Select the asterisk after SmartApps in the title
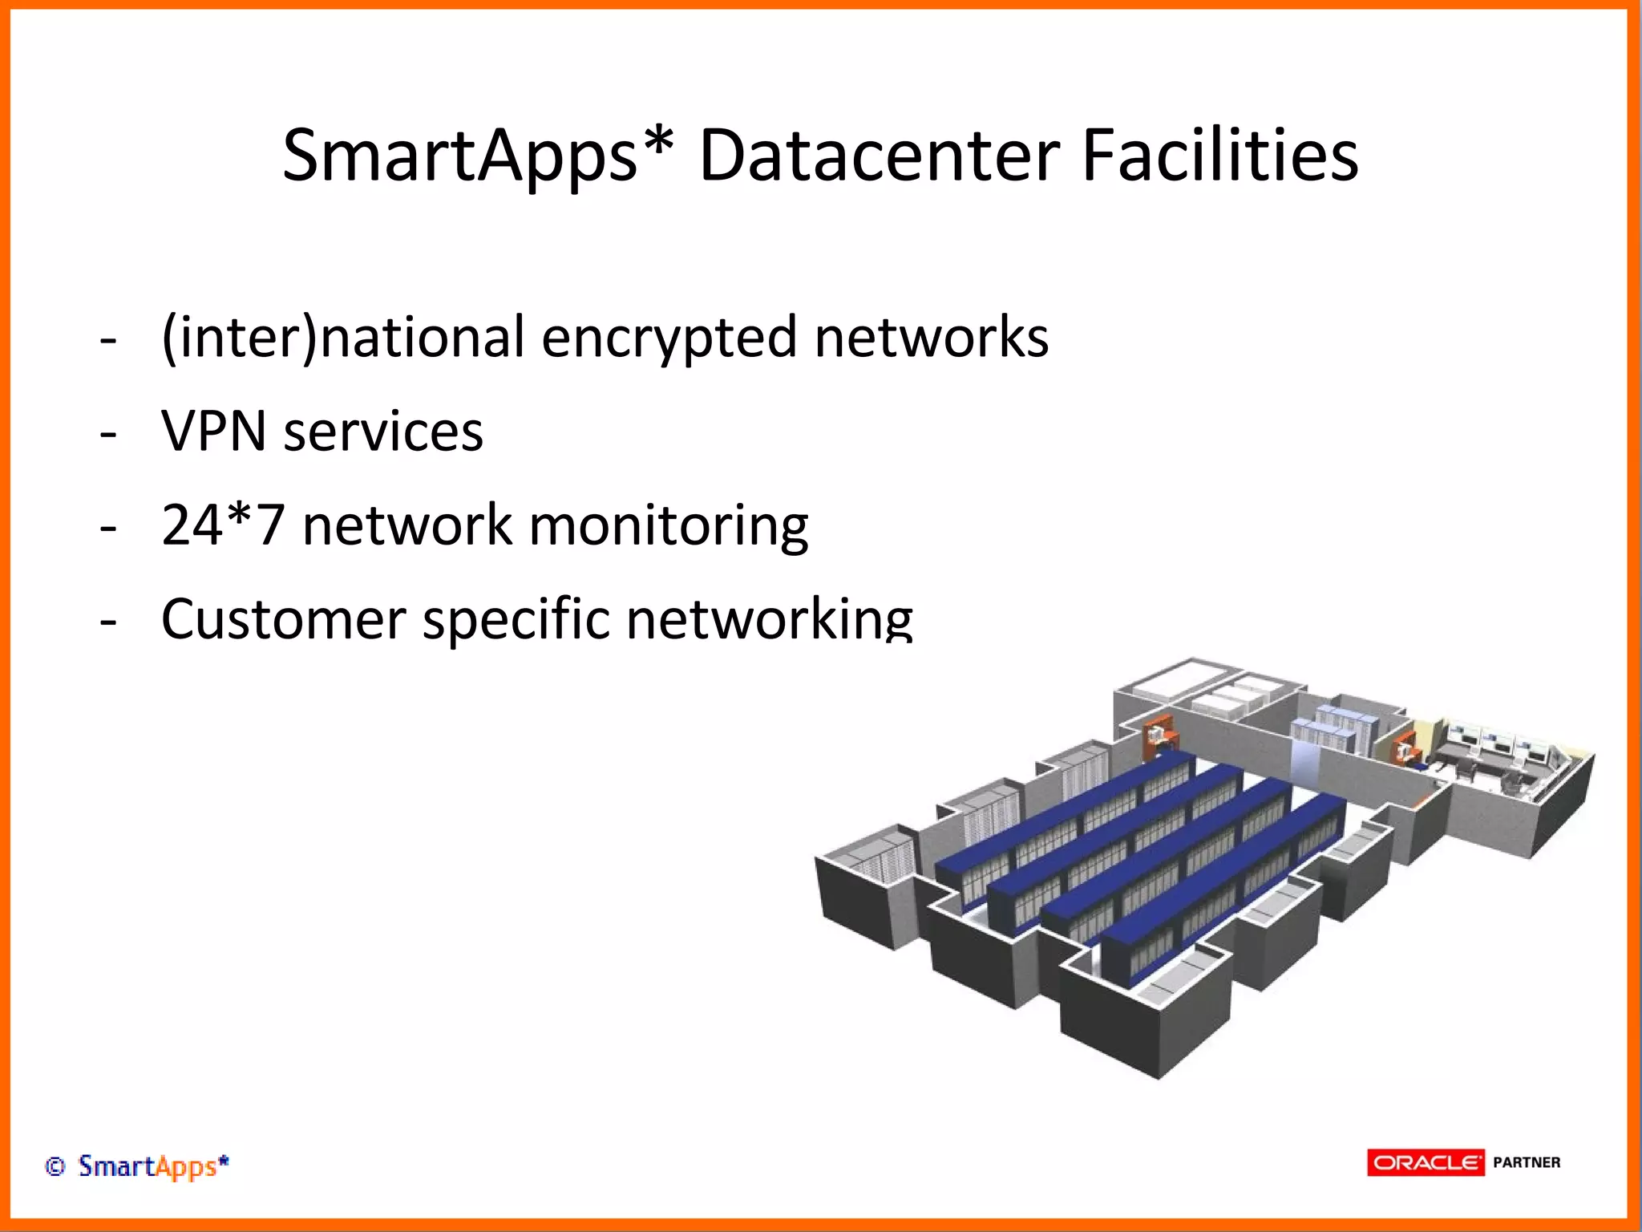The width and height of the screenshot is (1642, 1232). (657, 144)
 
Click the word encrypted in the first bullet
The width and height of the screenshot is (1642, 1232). (669, 338)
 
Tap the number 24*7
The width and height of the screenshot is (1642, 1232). (223, 525)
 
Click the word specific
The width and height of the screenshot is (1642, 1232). (516, 619)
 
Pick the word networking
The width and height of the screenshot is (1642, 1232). (769, 619)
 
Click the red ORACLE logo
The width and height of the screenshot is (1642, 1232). (1426, 1162)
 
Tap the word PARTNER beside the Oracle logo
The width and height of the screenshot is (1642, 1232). (1527, 1162)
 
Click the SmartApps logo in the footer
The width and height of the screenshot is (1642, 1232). (153, 1166)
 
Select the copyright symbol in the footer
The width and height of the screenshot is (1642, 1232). (55, 1166)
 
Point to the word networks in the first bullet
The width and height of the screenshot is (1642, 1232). (931, 338)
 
